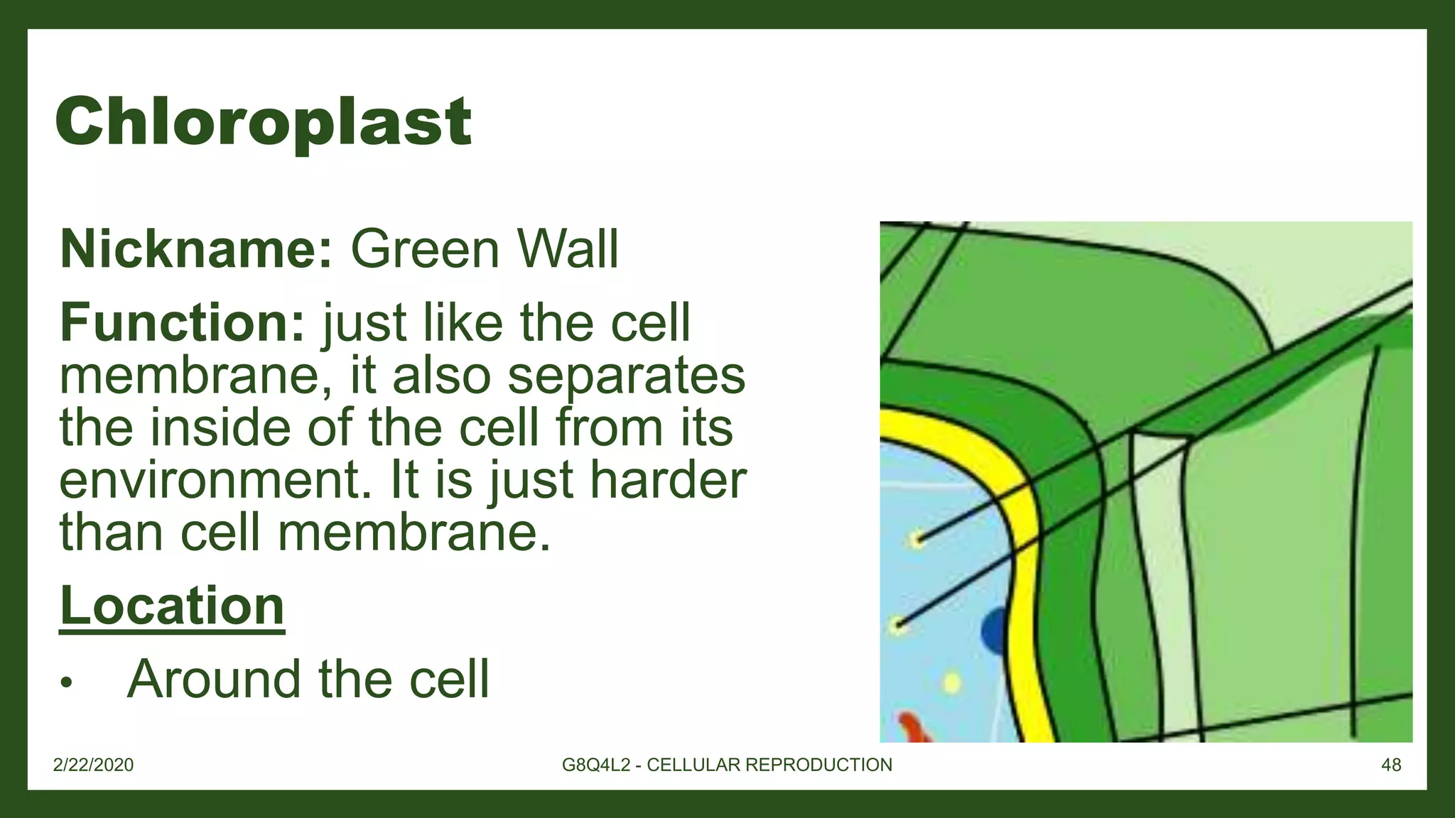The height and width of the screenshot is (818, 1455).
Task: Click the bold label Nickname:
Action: pos(196,250)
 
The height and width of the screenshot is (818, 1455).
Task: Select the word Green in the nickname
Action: pos(426,250)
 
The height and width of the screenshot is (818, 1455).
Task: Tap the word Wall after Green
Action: pos(568,250)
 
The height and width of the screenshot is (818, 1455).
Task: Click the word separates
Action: pos(626,376)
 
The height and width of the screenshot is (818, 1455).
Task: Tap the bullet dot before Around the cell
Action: pos(67,683)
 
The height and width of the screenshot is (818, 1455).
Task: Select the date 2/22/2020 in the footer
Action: pos(93,765)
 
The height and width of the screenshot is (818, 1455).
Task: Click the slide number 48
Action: pos(1391,765)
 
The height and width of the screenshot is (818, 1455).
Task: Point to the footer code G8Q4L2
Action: pos(596,765)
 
